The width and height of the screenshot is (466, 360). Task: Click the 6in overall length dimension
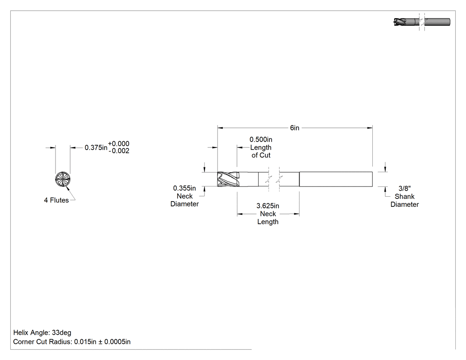tap(295, 128)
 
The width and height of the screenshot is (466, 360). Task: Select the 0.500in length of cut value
tap(261, 139)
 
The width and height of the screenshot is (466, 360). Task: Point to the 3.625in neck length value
tap(268, 206)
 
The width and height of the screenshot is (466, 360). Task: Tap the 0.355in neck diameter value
tap(185, 188)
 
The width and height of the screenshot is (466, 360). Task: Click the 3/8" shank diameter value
tap(404, 188)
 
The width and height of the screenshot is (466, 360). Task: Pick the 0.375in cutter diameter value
tap(96, 147)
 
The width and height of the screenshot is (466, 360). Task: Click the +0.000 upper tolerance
tap(118, 143)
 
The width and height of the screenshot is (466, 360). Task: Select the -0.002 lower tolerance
tap(119, 151)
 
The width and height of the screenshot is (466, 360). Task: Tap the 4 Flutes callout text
tap(56, 200)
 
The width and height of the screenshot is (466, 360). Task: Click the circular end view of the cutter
tap(63, 179)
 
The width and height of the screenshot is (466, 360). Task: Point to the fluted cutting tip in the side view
tap(228, 179)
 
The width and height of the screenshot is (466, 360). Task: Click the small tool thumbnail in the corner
tap(422, 22)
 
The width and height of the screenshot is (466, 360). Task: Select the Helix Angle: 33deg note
tap(42, 332)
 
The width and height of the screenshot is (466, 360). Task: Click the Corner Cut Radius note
tap(72, 342)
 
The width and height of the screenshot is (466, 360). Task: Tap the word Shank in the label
tap(404, 196)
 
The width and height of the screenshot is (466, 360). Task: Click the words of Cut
tap(261, 155)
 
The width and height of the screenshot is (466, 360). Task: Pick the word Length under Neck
tap(268, 222)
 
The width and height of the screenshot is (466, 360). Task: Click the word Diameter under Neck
tap(185, 204)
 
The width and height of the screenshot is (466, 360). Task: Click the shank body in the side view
tap(336, 179)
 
